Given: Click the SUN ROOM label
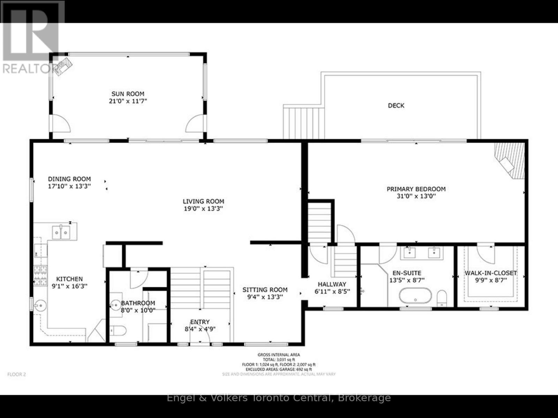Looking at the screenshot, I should [x=128, y=94].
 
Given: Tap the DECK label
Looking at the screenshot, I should [x=396, y=105].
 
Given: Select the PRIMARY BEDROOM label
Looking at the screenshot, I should [x=416, y=189].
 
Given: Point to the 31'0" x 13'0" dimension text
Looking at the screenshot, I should [x=416, y=196].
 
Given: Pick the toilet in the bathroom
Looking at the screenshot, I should [x=119, y=330].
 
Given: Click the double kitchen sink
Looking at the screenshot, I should [x=61, y=233].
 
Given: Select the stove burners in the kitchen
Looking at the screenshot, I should [x=40, y=275].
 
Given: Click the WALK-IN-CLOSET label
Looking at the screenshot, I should [x=491, y=273].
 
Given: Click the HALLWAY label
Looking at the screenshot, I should [x=332, y=284].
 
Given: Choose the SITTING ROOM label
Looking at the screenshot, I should [x=265, y=289].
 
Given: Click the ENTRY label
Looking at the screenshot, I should [x=200, y=322].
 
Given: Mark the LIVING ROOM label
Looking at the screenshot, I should [x=203, y=201].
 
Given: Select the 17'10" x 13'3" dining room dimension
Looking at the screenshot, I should [x=69, y=186].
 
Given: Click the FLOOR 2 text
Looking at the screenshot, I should [x=17, y=374].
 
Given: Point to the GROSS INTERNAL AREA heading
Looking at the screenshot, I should [x=279, y=355].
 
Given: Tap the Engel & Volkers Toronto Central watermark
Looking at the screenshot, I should [x=279, y=398].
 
